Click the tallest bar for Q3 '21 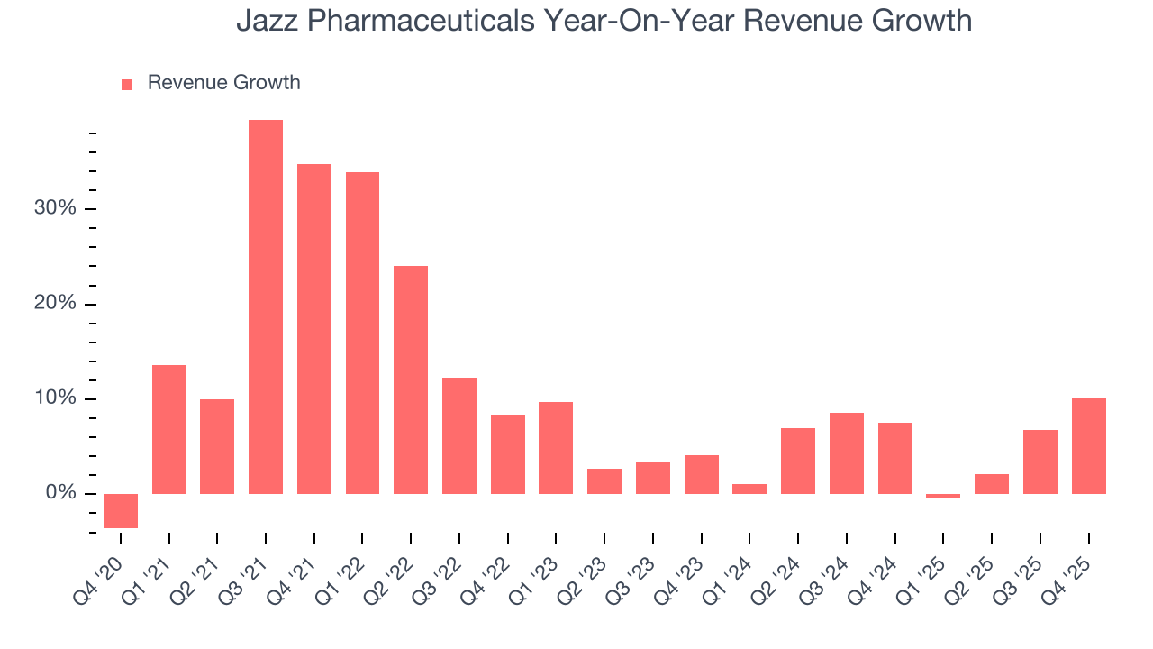pos(266,306)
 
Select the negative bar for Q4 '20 pos(121,511)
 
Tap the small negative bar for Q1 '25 pos(943,496)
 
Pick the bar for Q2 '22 pos(411,379)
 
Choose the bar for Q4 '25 pos(1088,446)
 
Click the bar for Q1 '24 pos(749,489)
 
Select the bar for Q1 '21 pos(169,429)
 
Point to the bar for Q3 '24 pos(847,453)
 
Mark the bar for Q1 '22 pos(362,333)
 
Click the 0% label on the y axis pos(60,493)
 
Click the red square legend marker pos(127,84)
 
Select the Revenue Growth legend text pos(223,83)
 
